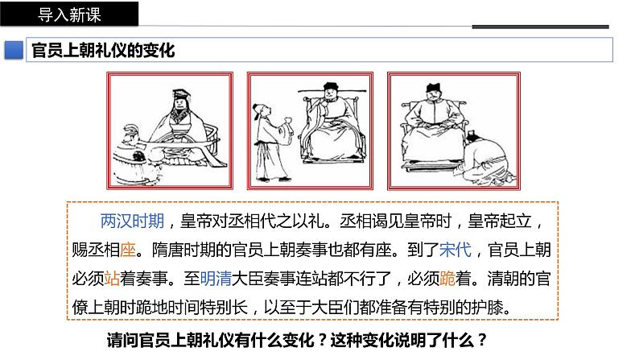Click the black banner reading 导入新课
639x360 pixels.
click(69, 14)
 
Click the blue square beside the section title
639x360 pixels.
click(14, 50)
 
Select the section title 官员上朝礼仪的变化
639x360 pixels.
click(103, 51)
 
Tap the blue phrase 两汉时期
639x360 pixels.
click(132, 221)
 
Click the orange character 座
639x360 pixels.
click(128, 250)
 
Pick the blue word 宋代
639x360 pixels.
click(456, 250)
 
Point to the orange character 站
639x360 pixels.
click(112, 279)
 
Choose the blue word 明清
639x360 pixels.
click(216, 279)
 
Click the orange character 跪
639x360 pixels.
click(447, 279)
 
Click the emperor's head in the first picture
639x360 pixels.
click(179, 101)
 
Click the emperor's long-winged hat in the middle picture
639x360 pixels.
click(332, 89)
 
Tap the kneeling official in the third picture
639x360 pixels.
click(486, 157)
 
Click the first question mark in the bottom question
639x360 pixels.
click(322, 340)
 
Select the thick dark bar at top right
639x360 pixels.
click(540, 27)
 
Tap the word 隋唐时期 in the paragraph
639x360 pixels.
click(183, 250)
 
